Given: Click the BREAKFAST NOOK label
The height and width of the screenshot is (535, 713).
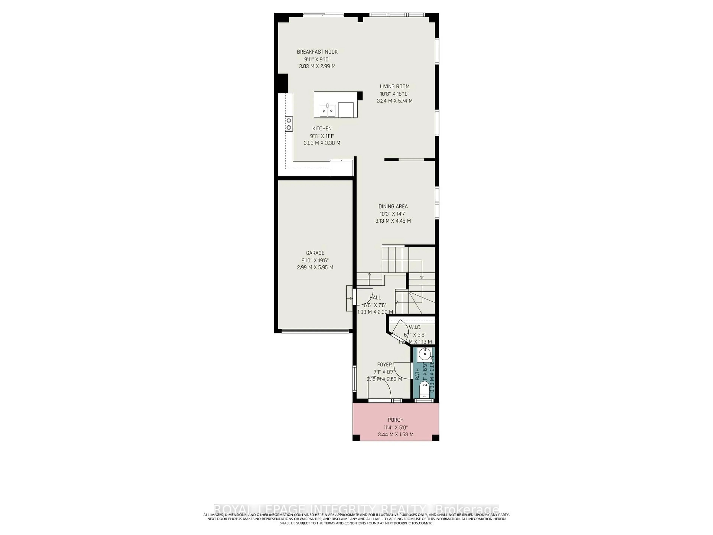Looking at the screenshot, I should pos(317,52).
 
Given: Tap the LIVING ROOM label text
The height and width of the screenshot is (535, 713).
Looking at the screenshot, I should pos(395,86).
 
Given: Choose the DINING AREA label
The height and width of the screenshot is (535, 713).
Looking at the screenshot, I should pos(393,206).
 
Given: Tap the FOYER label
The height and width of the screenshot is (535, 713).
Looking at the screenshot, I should pos(384,365).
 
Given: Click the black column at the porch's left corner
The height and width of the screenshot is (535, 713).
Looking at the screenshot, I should pos(356,438).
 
